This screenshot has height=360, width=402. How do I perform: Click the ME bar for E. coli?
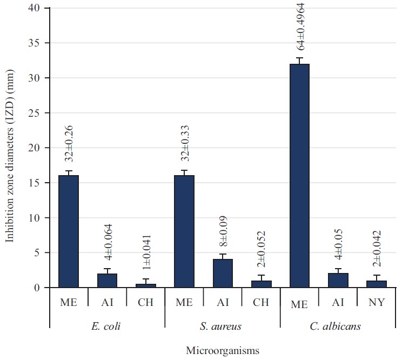(69, 231)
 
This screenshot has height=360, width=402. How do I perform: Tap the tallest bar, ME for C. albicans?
(300, 176)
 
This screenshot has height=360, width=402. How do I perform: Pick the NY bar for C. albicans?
(377, 284)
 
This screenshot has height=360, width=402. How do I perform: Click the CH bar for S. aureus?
(261, 284)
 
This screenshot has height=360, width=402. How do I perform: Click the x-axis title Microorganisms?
(223, 350)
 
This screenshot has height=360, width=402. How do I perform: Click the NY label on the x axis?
(377, 303)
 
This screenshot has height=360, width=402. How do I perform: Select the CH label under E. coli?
(146, 303)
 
